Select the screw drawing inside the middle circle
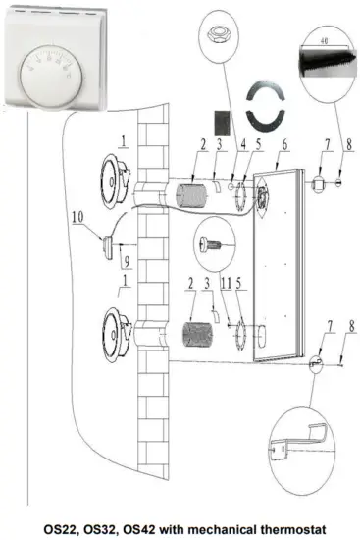(x=216, y=241)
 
